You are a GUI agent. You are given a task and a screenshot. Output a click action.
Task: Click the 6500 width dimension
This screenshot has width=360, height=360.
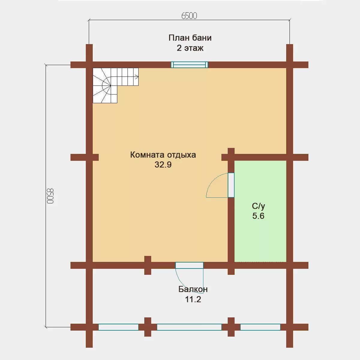(189, 16)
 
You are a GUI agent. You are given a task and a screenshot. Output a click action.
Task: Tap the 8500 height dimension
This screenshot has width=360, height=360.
(50, 196)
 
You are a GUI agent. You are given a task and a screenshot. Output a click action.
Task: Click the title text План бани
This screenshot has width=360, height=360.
(190, 38)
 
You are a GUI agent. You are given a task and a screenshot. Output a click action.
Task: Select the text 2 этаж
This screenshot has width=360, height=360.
(190, 48)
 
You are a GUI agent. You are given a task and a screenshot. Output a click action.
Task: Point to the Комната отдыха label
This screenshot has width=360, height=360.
(163, 155)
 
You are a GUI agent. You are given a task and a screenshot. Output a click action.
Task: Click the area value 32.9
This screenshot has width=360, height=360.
(163, 165)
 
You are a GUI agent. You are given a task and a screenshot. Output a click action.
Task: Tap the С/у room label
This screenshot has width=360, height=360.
(258, 206)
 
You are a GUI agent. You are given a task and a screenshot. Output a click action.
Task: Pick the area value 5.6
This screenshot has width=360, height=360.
(258, 216)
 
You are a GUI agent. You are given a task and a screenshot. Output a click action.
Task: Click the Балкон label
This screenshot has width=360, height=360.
(193, 289)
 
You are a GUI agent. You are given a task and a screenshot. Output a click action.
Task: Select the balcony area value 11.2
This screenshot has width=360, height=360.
(193, 299)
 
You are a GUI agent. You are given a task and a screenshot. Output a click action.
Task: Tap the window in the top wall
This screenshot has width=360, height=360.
(189, 65)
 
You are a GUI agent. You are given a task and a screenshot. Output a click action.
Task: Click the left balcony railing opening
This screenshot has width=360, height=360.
(118, 332)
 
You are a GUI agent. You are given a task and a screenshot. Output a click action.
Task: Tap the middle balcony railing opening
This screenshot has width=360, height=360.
(189, 332)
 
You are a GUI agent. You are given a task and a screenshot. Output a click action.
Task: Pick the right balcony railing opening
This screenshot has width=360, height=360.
(260, 332)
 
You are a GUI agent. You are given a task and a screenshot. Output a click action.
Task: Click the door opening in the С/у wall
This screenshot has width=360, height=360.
(231, 185)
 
